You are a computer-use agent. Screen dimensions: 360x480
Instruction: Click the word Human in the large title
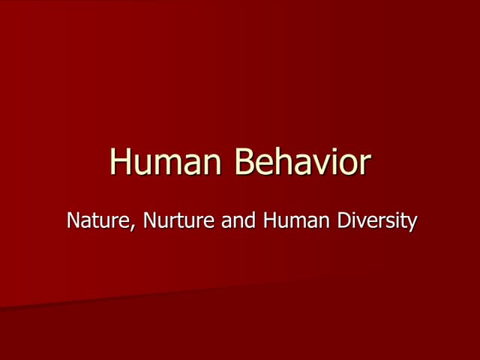tap(166, 163)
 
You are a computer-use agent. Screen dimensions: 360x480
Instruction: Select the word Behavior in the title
tap(302, 163)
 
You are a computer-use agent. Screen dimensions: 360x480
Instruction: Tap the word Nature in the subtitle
tap(93, 222)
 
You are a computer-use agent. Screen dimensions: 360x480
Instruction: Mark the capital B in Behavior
tap(244, 163)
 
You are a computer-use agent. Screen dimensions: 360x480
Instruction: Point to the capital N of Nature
tap(72, 222)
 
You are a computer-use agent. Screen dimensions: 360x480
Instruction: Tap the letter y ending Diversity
tap(411, 225)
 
